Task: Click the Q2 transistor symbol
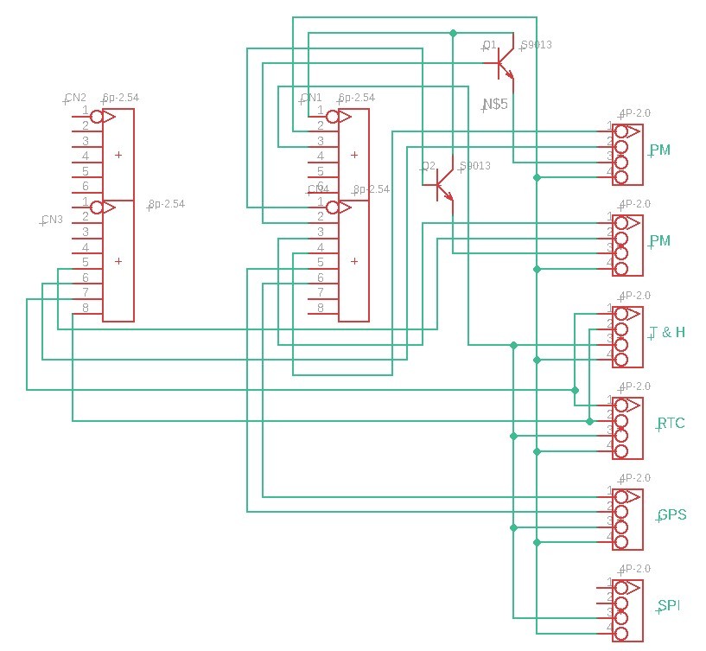442,182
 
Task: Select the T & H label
668,332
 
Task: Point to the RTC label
671,424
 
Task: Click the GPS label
671,515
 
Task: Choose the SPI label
668,606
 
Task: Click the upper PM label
660,150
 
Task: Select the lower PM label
660,240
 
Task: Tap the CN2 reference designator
76,98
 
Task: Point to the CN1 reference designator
311,98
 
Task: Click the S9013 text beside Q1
536,45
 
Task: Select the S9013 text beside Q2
475,166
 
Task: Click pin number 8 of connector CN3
86,308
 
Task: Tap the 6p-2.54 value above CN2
120,98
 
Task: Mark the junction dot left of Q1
452,33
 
